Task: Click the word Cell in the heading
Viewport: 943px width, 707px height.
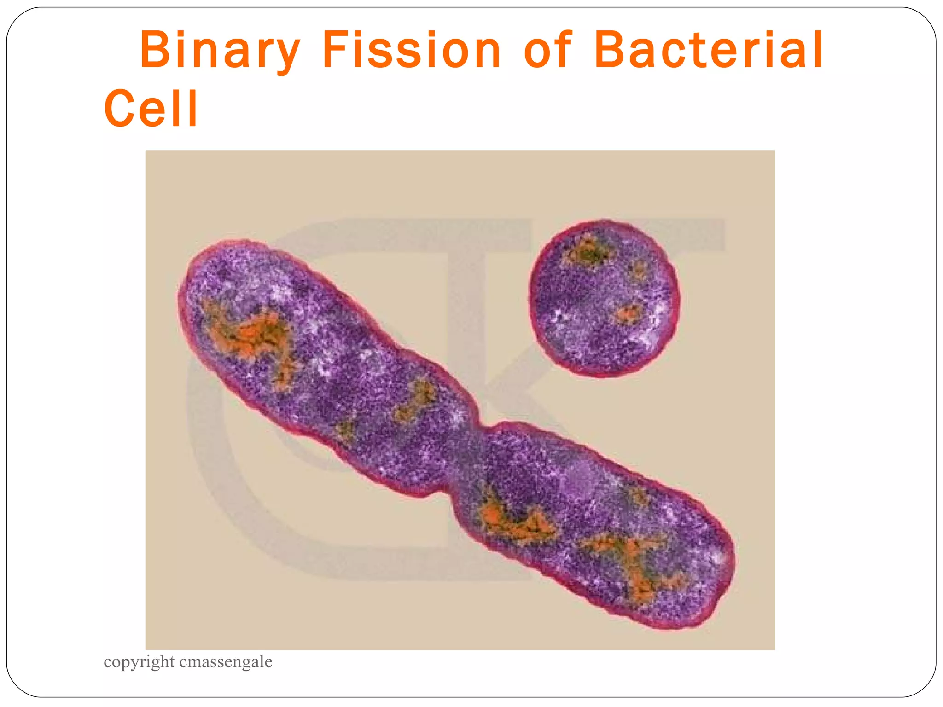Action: click(x=151, y=109)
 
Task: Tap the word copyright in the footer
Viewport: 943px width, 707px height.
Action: click(x=139, y=662)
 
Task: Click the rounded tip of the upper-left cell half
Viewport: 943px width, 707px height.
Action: click(x=193, y=276)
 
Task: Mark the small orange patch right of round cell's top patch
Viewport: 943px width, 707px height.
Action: click(x=638, y=269)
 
